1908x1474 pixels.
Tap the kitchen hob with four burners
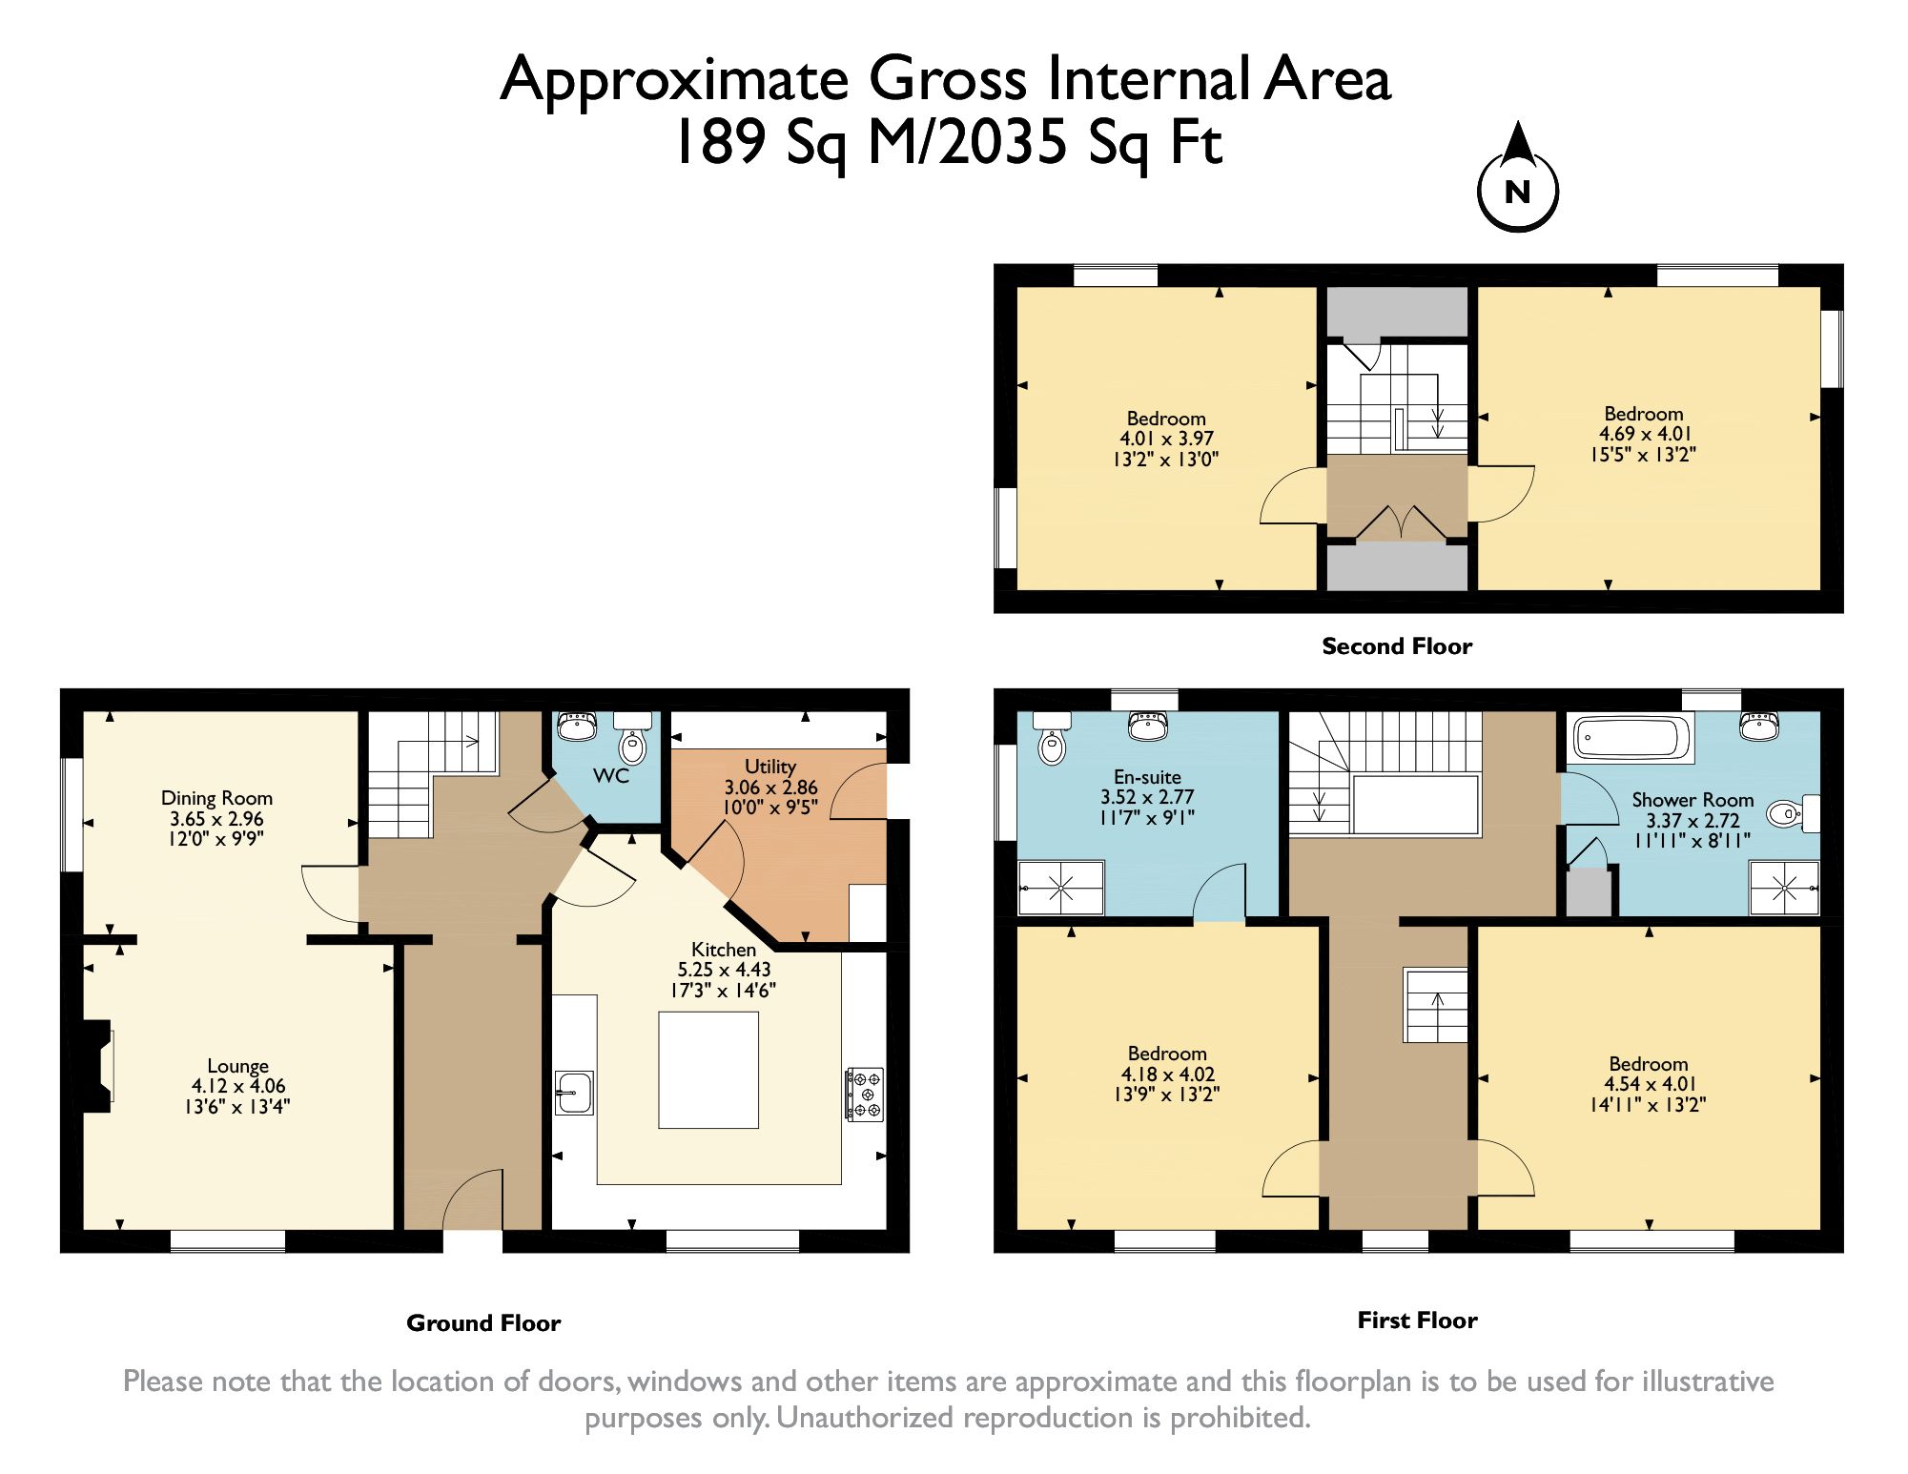pos(864,1094)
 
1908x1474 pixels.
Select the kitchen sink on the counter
pos(574,1093)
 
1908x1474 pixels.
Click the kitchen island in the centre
pos(708,1070)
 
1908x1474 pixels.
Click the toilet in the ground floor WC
pos(631,744)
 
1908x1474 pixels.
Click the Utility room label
pos(769,767)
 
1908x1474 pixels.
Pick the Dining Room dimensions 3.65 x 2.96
pos(216,819)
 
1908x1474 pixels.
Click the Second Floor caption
pos(1396,646)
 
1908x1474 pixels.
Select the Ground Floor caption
pos(483,1323)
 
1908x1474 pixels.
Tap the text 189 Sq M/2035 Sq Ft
pos(948,143)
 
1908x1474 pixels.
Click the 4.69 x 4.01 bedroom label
pos(1643,434)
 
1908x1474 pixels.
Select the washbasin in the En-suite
pos(1148,727)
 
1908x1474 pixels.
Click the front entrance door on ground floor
pos(473,1203)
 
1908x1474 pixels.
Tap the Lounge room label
pos(237,1066)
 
